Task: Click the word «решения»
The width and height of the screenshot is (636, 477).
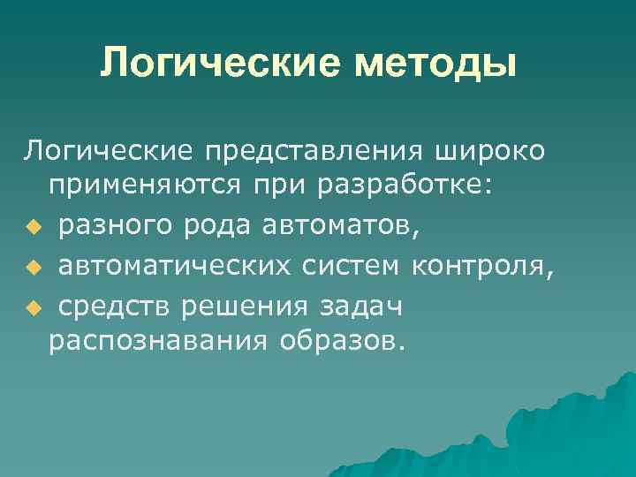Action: coord(238,305)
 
